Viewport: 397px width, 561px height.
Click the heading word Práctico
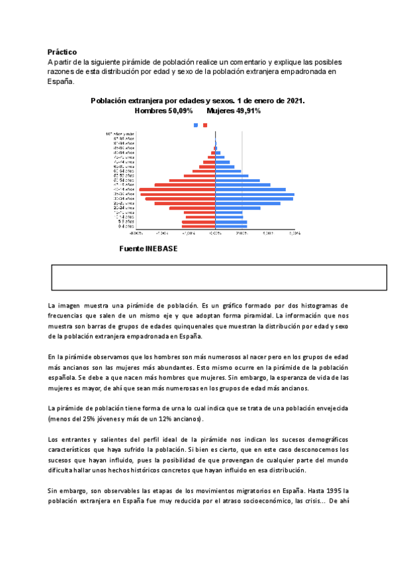tap(62, 52)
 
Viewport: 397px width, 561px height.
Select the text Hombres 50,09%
tap(163, 110)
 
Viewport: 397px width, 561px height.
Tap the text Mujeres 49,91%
tap(234, 110)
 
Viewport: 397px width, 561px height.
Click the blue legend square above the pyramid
tap(195, 125)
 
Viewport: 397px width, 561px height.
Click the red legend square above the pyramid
tap(205, 125)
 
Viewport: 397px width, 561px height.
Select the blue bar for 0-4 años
tap(231, 226)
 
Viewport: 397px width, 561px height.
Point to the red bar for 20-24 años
tap(192, 208)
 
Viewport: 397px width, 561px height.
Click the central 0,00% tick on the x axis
tap(215, 233)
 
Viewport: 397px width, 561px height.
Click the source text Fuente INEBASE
tap(148, 249)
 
